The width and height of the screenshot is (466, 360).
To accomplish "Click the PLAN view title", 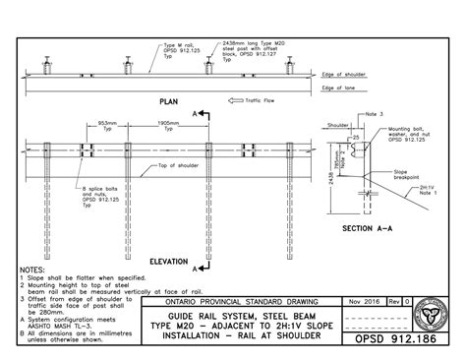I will tap(167, 101).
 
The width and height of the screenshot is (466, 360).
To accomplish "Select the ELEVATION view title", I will tap(168, 262).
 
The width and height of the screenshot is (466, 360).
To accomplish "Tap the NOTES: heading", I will tap(32, 269).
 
